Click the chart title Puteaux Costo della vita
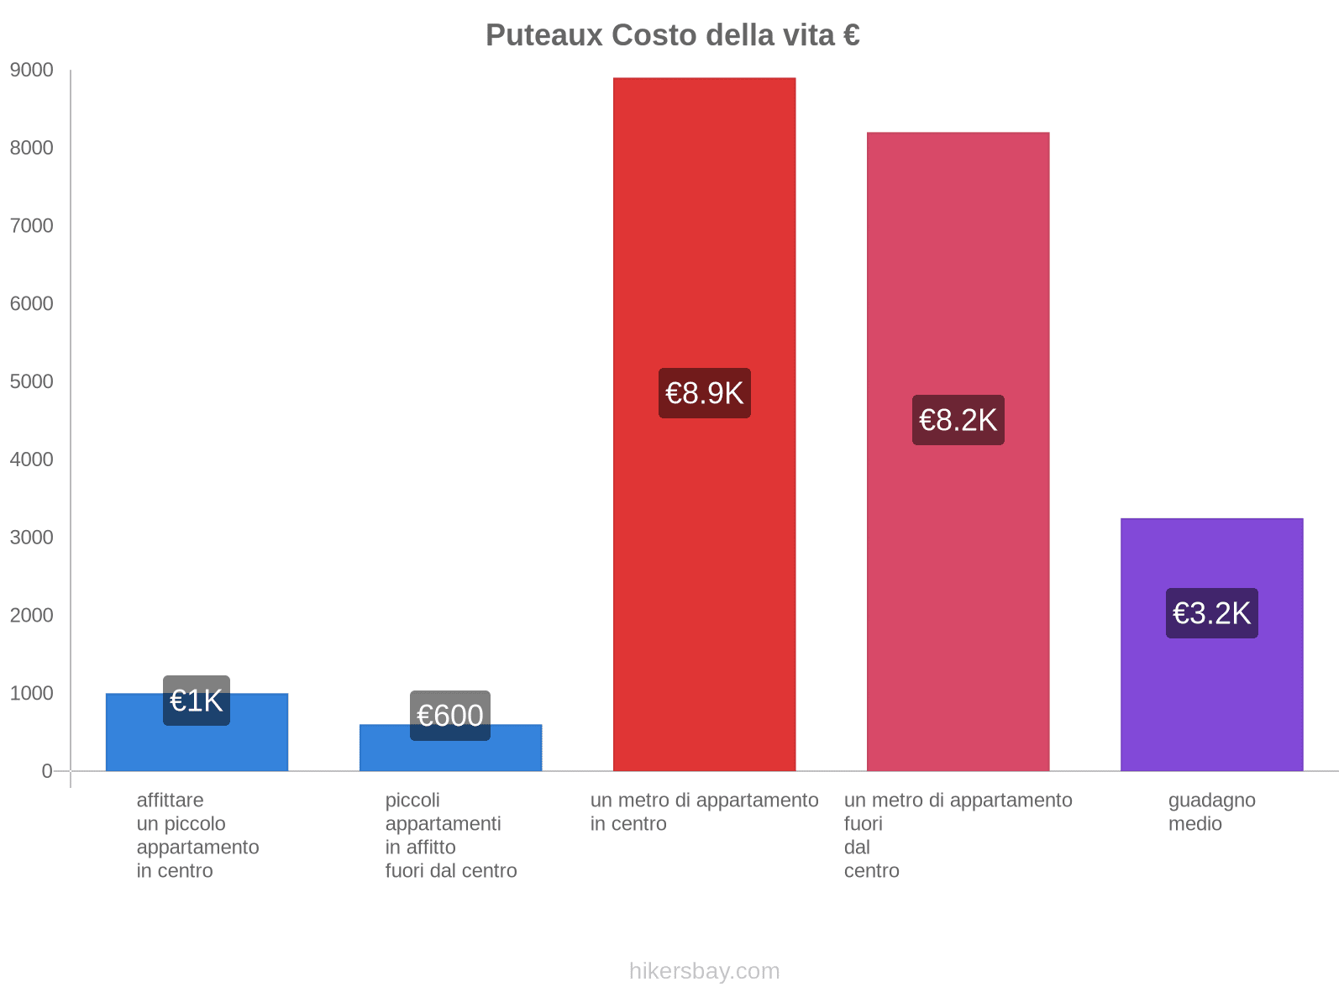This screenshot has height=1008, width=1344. click(x=672, y=35)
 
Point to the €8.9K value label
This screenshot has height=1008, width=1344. click(x=704, y=393)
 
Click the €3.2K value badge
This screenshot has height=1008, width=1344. click(x=1211, y=613)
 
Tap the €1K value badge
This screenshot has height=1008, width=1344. click(x=197, y=701)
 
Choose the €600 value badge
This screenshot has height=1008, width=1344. click(x=450, y=716)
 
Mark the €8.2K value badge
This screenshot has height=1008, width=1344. click(x=958, y=420)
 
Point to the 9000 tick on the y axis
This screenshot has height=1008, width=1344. click(x=32, y=71)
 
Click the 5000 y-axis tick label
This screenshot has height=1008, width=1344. click(x=32, y=382)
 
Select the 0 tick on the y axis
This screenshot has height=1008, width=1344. click(x=47, y=771)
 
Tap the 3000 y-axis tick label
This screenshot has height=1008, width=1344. click(x=32, y=538)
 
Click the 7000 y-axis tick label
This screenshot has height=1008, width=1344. click(x=32, y=226)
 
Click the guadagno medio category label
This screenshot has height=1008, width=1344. click(x=1211, y=811)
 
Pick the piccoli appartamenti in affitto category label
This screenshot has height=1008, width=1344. click(x=450, y=835)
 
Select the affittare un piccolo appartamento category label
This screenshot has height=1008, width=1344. click(x=197, y=835)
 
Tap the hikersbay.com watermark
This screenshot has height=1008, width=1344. click(x=704, y=971)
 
